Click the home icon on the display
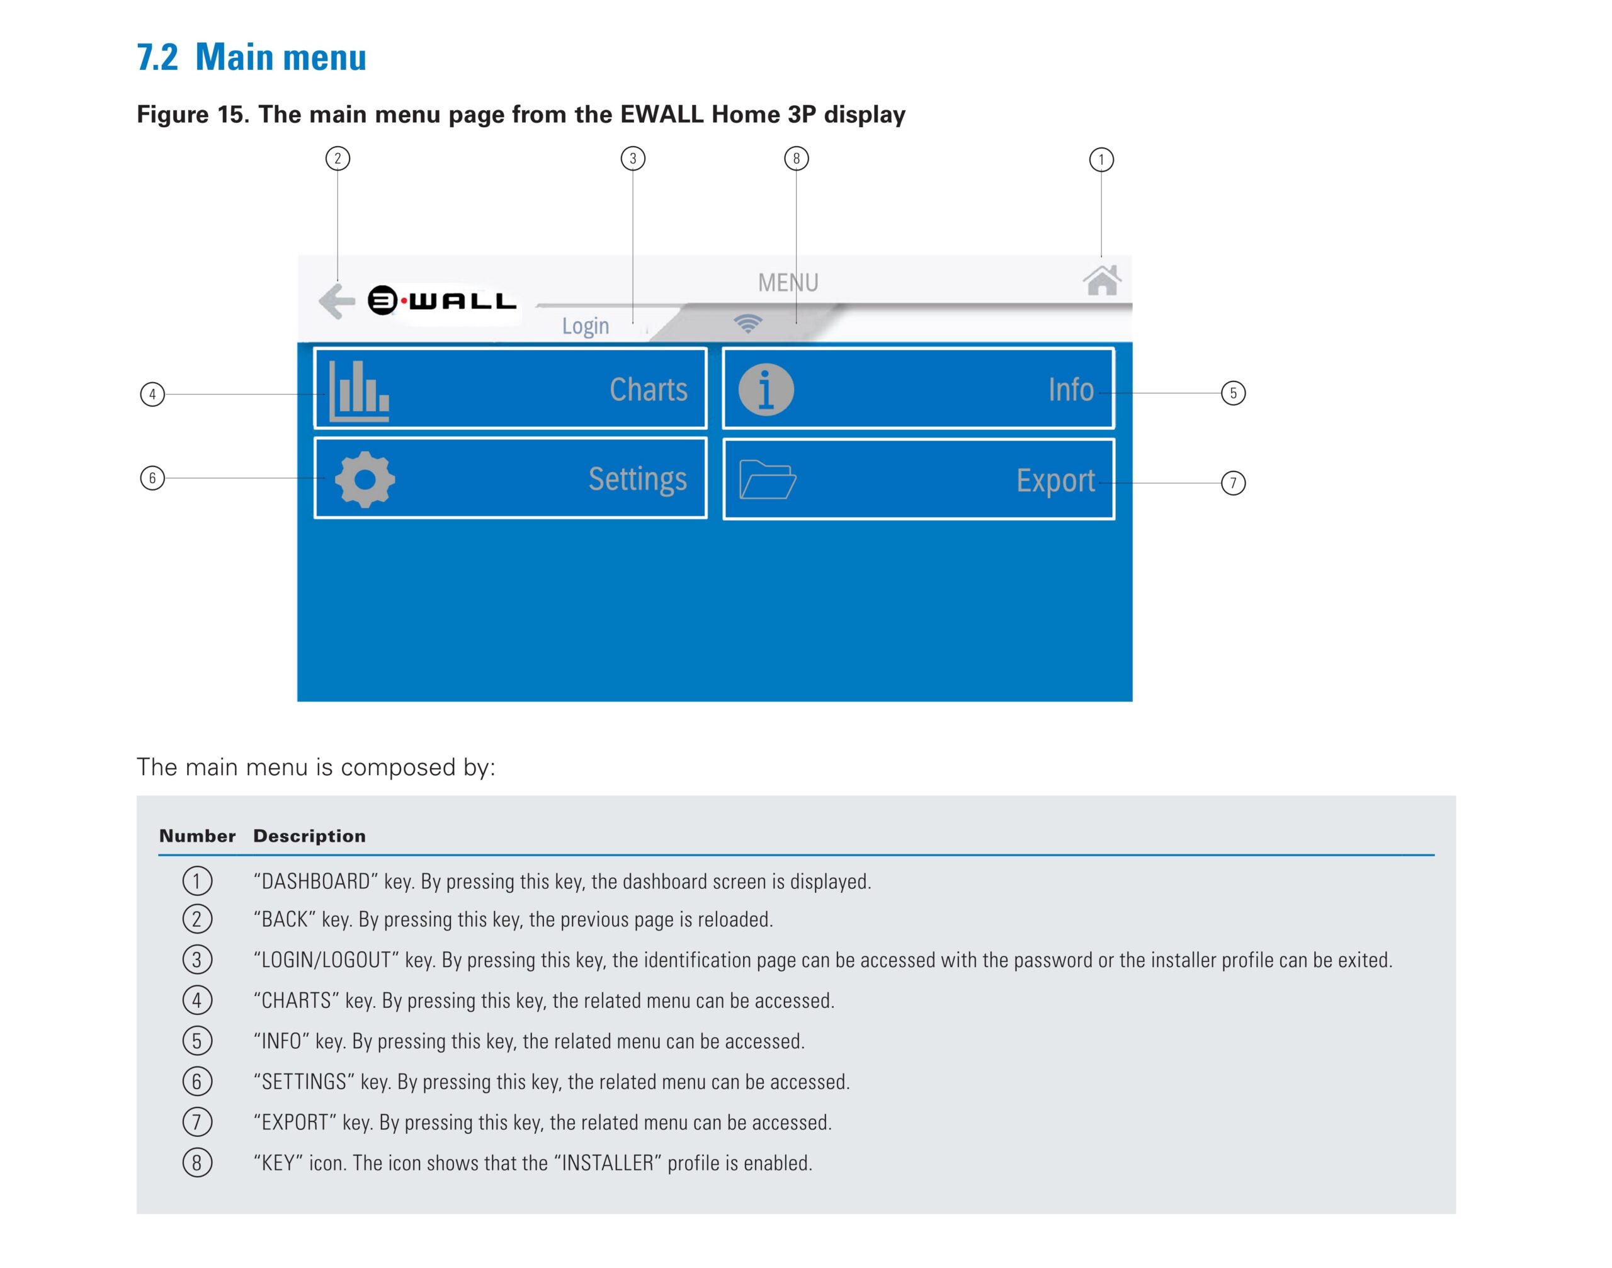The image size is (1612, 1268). coord(1101,280)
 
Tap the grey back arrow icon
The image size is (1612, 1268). coord(336,302)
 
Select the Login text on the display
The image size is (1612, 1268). coord(585,326)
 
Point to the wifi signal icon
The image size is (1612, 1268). coord(747,323)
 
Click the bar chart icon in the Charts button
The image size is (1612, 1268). coord(359,391)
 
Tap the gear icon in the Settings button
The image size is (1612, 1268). coord(365,479)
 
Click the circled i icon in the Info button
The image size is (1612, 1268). coord(766,390)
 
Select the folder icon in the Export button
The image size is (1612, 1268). coord(768,479)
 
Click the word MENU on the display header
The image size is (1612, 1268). coord(788,283)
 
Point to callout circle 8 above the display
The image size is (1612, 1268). coord(796,158)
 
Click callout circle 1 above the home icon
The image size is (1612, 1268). coord(1101,160)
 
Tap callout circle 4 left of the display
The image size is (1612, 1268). coord(152,394)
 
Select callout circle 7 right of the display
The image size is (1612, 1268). coord(1234,484)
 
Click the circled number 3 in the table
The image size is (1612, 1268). coord(196,960)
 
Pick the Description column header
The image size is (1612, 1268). coord(309,836)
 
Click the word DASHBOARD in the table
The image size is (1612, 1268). coord(315,881)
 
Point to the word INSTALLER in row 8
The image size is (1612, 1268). coord(608,1163)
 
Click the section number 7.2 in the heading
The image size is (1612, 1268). coord(157,57)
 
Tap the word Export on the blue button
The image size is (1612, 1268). coord(1055,481)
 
